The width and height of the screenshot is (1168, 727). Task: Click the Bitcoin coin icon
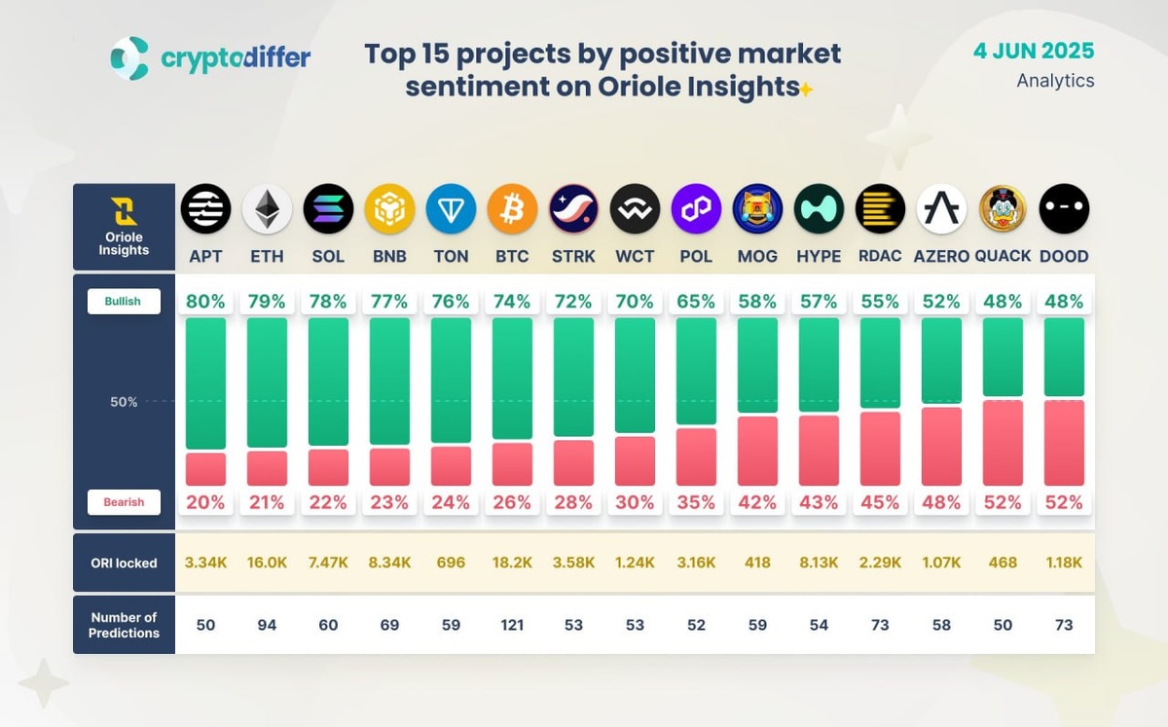pos(512,209)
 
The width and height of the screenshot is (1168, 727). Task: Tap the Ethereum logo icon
pos(267,209)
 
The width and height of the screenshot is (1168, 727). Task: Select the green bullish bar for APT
pos(205,382)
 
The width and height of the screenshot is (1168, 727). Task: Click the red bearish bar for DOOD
pos(1064,443)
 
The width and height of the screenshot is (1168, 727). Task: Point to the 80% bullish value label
pos(205,302)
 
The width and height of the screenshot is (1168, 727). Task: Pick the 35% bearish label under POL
pos(696,502)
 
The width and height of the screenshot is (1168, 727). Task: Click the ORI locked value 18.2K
pos(512,563)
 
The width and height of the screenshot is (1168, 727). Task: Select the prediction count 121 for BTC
pos(512,625)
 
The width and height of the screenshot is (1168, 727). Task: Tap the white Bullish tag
pos(124,302)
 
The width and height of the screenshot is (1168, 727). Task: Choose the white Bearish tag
pos(124,502)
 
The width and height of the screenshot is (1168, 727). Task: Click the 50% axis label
pos(124,402)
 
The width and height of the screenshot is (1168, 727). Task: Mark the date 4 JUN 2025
pos(1034,51)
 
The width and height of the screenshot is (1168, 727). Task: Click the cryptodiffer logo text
pos(235,58)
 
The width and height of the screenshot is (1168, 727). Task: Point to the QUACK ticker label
pos(1003,257)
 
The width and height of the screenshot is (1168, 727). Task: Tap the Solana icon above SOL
pos(328,209)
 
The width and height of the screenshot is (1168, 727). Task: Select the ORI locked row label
pos(124,563)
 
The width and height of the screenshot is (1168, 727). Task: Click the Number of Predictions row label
pos(124,625)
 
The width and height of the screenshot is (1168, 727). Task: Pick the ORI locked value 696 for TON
pos(451,563)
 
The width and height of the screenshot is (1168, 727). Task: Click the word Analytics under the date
pos(1055,81)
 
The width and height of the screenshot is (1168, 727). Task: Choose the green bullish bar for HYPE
pos(819,364)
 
